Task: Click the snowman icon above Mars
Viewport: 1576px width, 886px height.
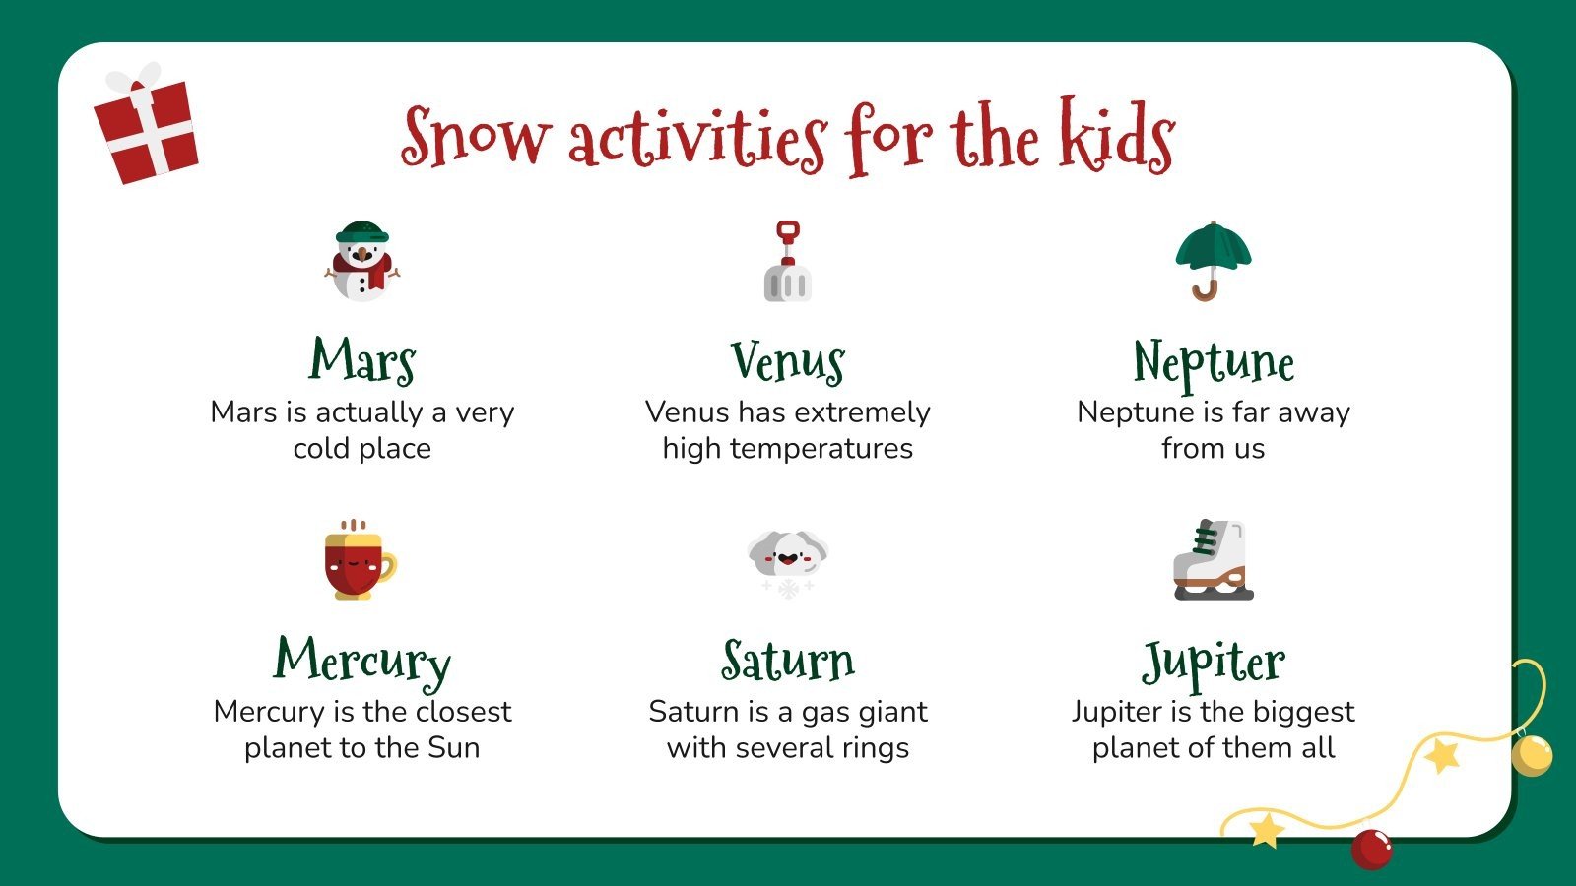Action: pos(362,261)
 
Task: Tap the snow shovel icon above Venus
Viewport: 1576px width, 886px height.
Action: pos(787,262)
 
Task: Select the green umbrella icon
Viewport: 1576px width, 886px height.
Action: pos(1213,260)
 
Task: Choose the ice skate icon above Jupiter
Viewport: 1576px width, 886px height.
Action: pos(1213,560)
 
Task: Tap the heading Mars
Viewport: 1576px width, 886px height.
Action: pos(362,360)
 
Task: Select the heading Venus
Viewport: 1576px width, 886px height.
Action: pos(787,361)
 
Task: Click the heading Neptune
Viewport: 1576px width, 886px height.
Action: pos(1214,362)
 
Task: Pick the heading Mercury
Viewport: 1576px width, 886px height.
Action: pos(362,661)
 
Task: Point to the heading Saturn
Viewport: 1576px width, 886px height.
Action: pos(787,661)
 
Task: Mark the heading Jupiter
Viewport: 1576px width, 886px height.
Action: pos(1214,663)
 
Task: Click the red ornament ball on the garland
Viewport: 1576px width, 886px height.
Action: pos(1371,848)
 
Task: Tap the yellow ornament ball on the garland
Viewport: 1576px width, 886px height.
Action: pos(1531,755)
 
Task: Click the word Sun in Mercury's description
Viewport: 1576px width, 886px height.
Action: pos(454,747)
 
